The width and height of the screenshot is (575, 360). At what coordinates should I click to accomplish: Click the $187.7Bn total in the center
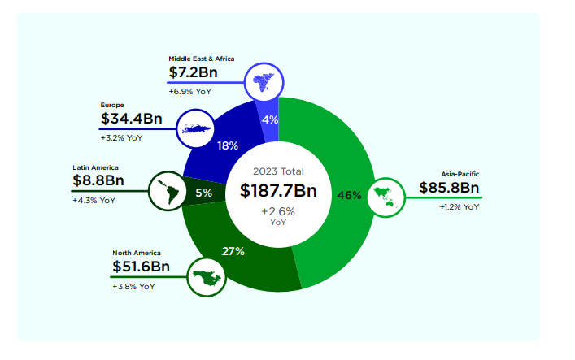[278, 191]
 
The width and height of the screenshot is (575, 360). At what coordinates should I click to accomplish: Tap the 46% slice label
[349, 195]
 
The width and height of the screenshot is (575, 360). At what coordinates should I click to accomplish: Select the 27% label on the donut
[233, 251]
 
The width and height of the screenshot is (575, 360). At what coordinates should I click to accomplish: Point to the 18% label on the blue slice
[228, 145]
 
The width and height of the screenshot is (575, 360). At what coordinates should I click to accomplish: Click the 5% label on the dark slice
[203, 193]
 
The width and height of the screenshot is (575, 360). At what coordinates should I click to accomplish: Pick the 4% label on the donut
[270, 119]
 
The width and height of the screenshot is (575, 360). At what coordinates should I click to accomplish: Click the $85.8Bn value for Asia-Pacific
[450, 188]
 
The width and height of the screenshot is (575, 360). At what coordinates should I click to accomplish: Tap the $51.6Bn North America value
[141, 267]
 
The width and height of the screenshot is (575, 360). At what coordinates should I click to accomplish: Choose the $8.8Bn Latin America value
[98, 180]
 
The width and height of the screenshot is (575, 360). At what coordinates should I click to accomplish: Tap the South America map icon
[168, 191]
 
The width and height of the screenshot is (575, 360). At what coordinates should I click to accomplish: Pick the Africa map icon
[264, 80]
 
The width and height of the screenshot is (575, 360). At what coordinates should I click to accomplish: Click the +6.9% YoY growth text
[190, 91]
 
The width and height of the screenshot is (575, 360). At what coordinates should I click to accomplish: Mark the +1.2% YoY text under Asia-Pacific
[460, 207]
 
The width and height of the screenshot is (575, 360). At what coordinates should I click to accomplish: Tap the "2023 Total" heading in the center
[278, 171]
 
